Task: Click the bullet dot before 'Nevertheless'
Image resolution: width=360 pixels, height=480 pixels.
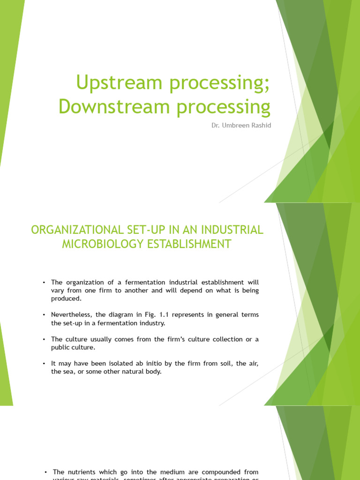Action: (43, 315)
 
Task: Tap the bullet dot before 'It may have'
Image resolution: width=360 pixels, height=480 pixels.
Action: (43, 364)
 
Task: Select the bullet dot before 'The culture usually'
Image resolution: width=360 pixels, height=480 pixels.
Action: (43, 339)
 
